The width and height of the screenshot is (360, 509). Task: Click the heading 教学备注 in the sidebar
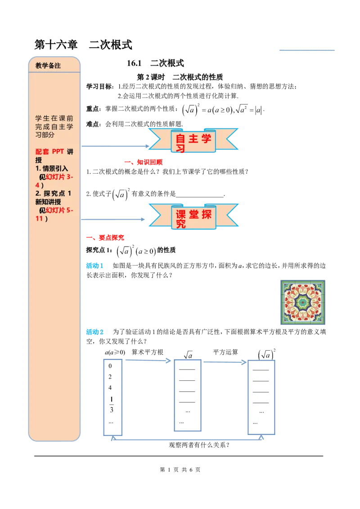point(48,66)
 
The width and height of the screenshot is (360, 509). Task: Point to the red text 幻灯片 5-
point(60,210)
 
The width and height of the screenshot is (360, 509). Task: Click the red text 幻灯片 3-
point(60,177)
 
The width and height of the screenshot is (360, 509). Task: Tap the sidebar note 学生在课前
point(54,118)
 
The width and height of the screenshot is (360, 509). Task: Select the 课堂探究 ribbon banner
point(193,217)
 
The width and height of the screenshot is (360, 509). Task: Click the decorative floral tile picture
point(302,302)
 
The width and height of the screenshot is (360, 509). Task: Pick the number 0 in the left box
point(110,366)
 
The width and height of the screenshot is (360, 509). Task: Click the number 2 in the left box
point(110,377)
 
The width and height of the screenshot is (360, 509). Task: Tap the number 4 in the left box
point(110,388)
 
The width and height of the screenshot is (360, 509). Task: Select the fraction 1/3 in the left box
point(112,404)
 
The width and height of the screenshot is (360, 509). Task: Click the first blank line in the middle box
point(187,369)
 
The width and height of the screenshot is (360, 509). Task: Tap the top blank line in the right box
point(261,369)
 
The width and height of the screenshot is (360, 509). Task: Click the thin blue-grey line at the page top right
point(307,50)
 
